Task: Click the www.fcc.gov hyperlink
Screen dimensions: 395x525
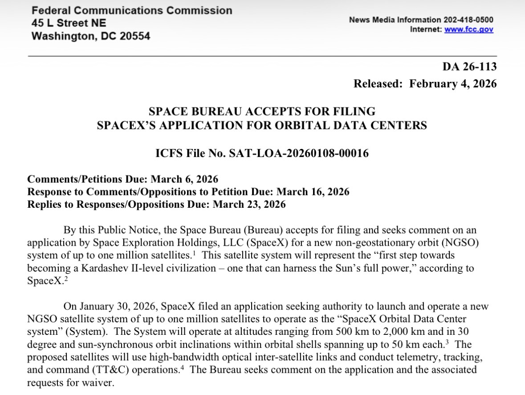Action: (x=469, y=29)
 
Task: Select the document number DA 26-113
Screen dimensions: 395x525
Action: (x=469, y=67)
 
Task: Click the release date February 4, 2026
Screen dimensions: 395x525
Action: (x=453, y=84)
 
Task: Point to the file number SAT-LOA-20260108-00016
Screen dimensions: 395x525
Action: (x=298, y=153)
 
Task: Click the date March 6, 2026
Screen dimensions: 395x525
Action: (x=184, y=179)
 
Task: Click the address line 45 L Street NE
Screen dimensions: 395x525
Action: (x=69, y=23)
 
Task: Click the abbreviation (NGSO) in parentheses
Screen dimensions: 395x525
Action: (x=472, y=243)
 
